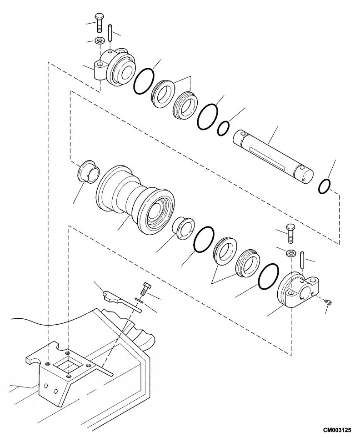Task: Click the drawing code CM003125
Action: point(337,430)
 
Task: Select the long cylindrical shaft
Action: point(273,158)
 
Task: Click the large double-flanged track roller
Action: point(135,200)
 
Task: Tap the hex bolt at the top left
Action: point(99,23)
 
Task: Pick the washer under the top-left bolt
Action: point(100,40)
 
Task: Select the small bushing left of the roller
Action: point(88,171)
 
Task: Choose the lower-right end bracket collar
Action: point(298,290)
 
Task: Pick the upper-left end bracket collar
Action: point(114,66)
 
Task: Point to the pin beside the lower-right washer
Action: point(302,261)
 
